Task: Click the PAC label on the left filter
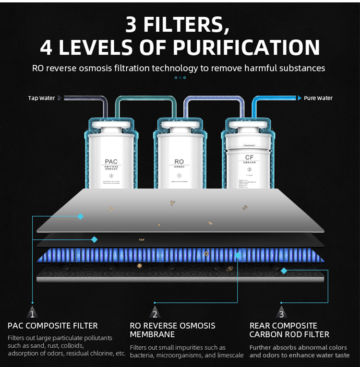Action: point(111,162)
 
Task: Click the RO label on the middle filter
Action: point(179,162)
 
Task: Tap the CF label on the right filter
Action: point(249,157)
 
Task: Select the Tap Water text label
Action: point(41,98)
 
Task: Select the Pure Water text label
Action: point(318,98)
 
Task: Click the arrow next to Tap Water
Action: point(60,98)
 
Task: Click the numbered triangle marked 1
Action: point(32,314)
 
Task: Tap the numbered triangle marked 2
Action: point(155,314)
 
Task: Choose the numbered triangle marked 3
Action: point(282,314)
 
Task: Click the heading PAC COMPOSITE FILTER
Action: point(53,326)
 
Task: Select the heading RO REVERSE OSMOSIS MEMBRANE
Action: point(173,330)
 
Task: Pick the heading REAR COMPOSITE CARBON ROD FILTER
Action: point(289,330)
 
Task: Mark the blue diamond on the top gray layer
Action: point(81,216)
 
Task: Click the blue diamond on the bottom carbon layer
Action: point(284,271)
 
